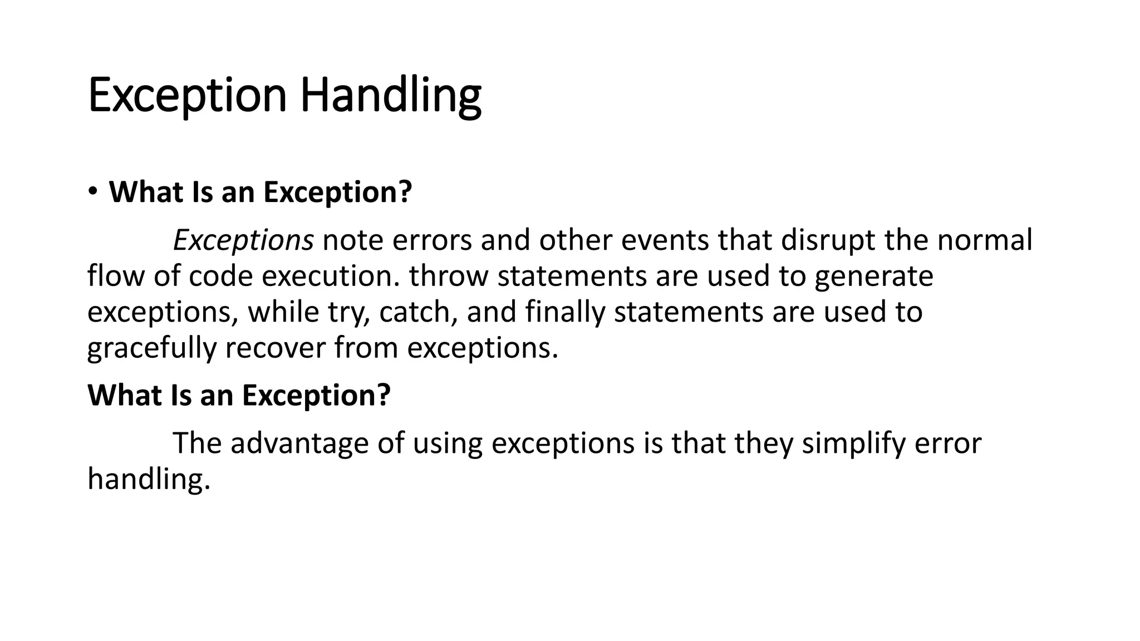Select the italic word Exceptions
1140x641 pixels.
point(243,240)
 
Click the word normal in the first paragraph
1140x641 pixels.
point(985,240)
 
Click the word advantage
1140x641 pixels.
point(300,443)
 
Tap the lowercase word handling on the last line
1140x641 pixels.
point(149,479)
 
